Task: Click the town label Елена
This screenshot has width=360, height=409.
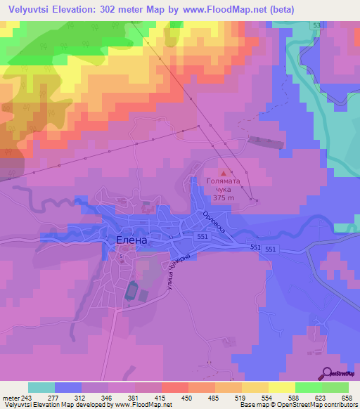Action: pyautogui.click(x=131, y=240)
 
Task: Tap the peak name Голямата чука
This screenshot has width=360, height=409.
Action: pyautogui.click(x=224, y=185)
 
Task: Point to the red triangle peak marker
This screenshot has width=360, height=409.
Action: pyautogui.click(x=224, y=172)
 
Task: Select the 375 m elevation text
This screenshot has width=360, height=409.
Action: pyautogui.click(x=224, y=198)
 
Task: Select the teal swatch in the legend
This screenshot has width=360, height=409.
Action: pyautogui.click(x=41, y=387)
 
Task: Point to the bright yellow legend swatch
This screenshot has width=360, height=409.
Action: pyautogui.click(x=281, y=387)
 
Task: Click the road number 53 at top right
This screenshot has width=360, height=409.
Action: pyautogui.click(x=316, y=26)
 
